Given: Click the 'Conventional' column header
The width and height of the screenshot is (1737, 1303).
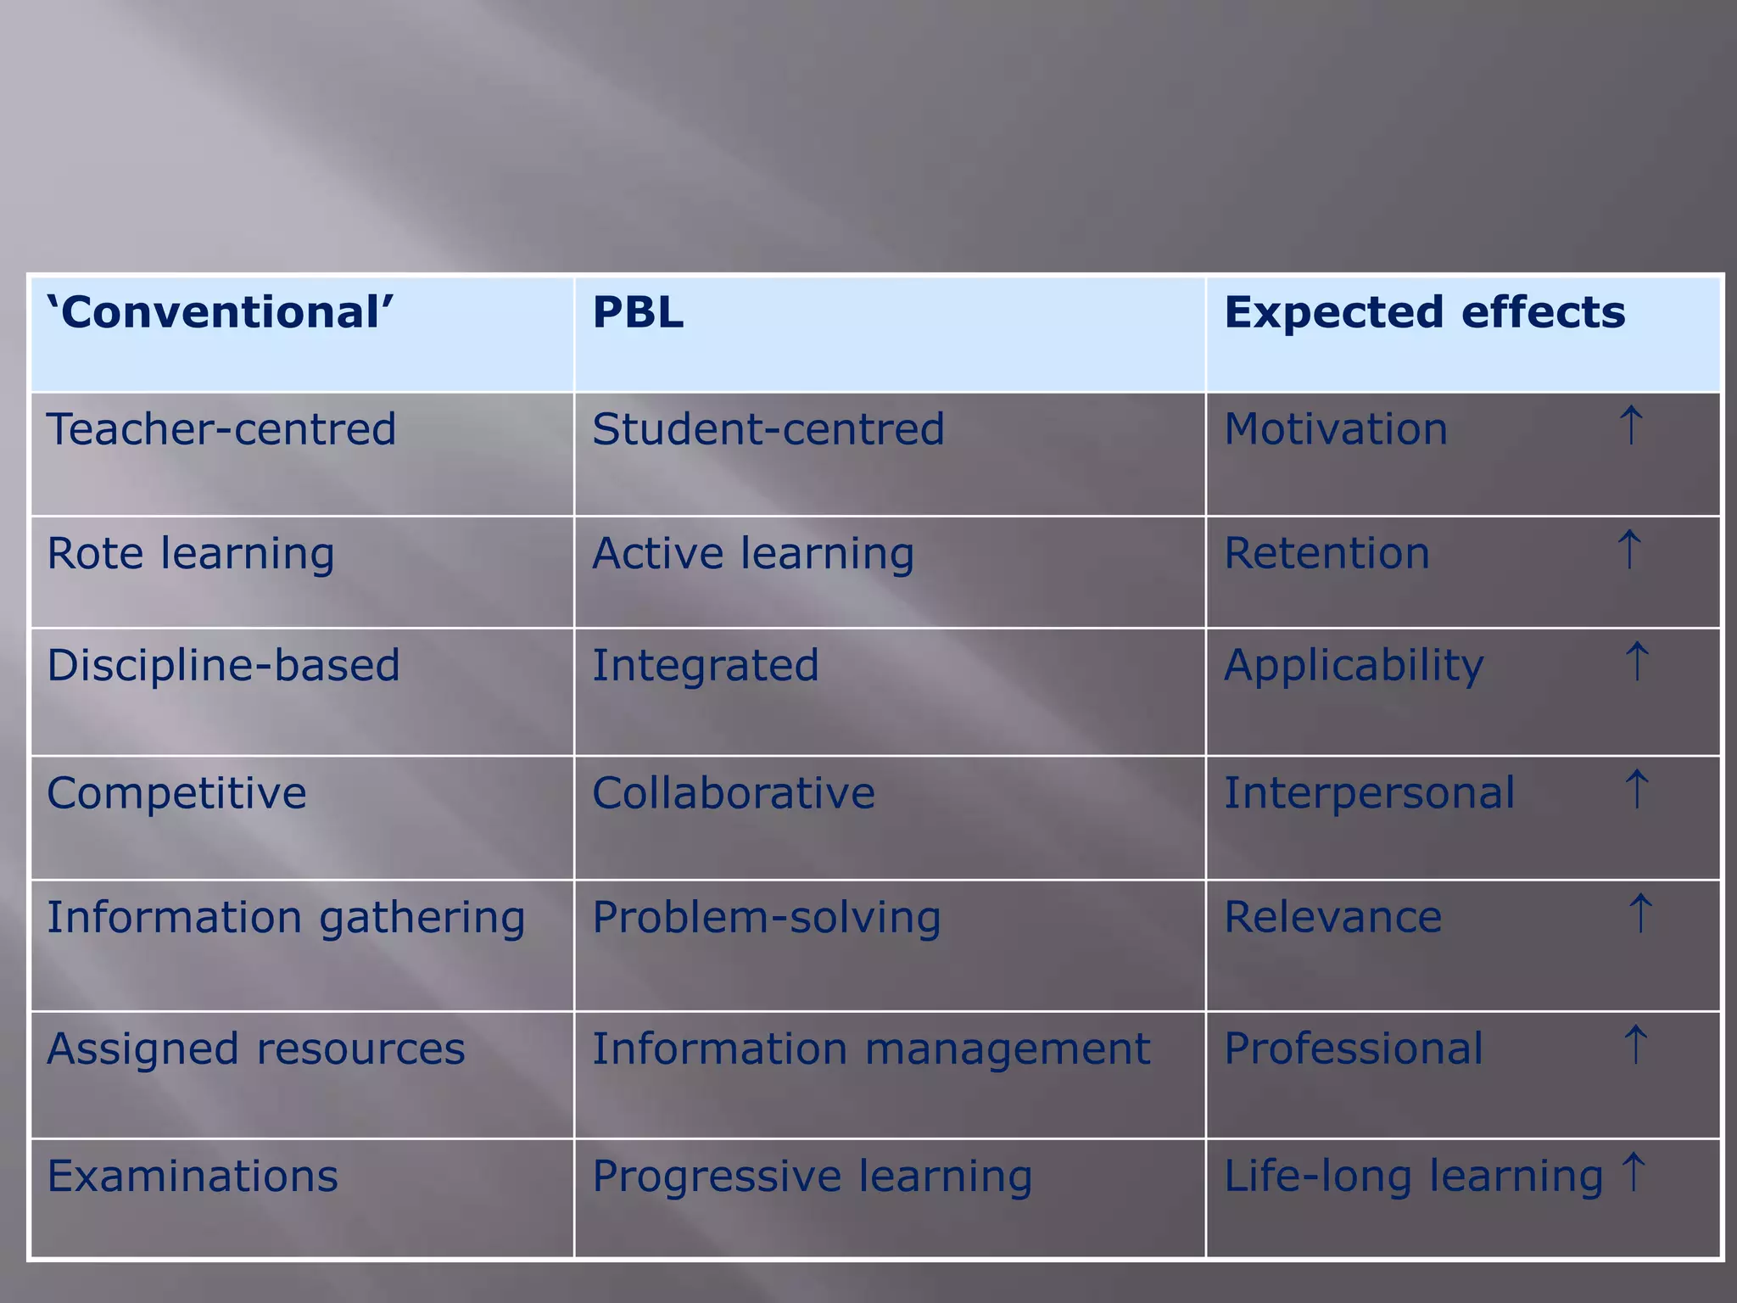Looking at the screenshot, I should point(221,312).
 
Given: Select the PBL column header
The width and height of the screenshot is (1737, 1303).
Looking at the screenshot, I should point(638,312).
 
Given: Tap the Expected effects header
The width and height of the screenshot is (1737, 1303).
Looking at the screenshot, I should point(1425,312).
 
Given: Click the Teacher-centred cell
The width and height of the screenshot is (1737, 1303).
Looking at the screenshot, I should point(221,428).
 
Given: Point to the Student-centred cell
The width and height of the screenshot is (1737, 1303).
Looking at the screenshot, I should point(768,428).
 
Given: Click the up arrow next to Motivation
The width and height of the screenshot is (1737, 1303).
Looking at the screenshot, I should point(1631,425).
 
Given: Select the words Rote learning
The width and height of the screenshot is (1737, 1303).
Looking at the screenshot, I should point(191,553).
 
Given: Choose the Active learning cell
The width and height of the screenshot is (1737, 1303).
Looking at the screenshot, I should point(753,553).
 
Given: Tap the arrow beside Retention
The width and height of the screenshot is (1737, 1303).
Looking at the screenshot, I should point(1629,550).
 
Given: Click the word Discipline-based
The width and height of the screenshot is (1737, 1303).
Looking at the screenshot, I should point(223,664).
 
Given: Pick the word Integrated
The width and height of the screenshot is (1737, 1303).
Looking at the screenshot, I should point(706,665).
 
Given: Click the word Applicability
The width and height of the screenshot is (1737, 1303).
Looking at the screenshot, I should point(1354,665).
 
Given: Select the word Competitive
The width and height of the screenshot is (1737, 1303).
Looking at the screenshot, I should point(176,793).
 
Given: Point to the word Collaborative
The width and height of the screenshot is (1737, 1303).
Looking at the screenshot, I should point(734,793).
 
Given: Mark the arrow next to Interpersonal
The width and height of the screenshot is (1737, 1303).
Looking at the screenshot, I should point(1636,790).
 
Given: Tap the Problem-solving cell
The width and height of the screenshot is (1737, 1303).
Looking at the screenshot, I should point(767,918).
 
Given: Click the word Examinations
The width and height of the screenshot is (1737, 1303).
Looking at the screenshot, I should point(193,1176).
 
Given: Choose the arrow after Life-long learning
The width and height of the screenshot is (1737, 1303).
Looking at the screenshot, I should point(1633,1172).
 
